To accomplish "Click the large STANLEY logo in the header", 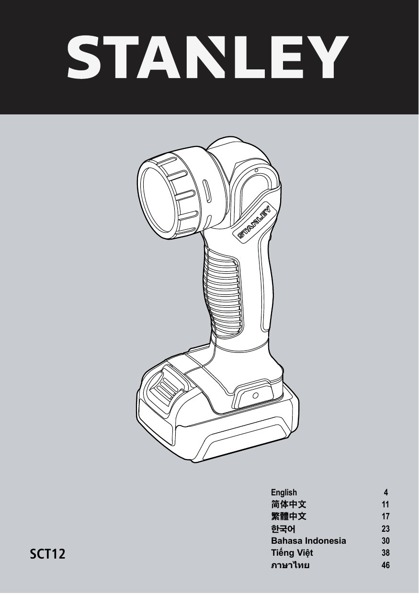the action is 208,57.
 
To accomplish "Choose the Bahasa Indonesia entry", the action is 308,541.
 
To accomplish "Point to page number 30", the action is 385,541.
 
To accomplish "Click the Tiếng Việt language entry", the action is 292,553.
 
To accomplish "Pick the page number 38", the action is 385,553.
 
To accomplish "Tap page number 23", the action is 385,529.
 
